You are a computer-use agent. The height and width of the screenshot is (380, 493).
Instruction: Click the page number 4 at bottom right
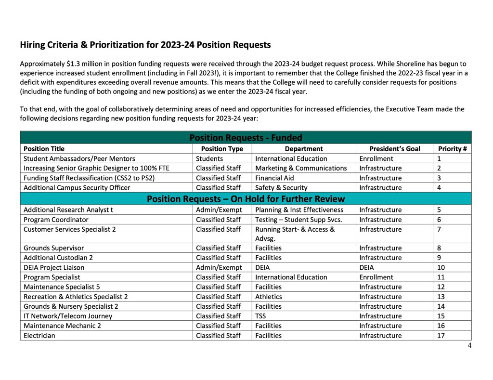[x=469, y=345]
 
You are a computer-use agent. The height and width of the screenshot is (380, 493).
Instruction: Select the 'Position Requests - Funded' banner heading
[x=246, y=138]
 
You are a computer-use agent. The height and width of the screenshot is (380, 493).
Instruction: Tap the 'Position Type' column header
[x=222, y=149]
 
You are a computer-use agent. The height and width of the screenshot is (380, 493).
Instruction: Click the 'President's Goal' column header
[x=394, y=149]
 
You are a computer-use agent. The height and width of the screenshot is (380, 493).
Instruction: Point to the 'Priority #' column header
[x=452, y=149]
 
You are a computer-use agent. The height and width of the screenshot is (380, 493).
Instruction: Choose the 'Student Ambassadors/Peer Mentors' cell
[x=79, y=158]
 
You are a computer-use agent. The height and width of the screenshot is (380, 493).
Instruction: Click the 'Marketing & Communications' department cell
[x=301, y=168]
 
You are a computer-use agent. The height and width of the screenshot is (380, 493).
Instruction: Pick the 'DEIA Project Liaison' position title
[x=54, y=267]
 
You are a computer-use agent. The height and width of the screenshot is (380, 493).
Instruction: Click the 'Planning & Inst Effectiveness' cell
[x=299, y=210]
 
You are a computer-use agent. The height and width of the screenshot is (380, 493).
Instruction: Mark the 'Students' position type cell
[x=209, y=158]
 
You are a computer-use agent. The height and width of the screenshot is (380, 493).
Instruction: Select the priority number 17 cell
[x=441, y=335]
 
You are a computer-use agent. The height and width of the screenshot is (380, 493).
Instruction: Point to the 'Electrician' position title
[x=39, y=335]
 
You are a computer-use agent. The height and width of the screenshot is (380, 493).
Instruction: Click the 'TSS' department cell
[x=260, y=316]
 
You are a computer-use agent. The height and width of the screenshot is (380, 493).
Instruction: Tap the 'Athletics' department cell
[x=269, y=297]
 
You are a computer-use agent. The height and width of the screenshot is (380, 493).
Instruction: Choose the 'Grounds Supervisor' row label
[x=53, y=248]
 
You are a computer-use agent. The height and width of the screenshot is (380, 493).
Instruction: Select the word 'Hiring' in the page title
[x=32, y=45]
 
